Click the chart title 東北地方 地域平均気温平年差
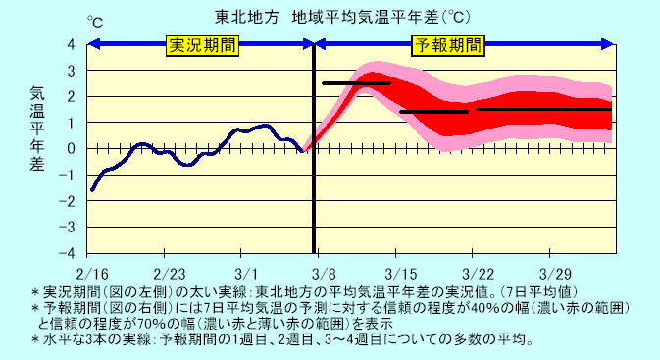pyautogui.click(x=329, y=17)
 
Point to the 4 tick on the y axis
pyautogui.click(x=71, y=45)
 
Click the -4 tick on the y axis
pyautogui.click(x=69, y=251)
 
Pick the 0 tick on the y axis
pyautogui.click(x=71, y=148)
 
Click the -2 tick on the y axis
pyautogui.click(x=69, y=200)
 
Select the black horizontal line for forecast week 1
pyautogui.click(x=356, y=83)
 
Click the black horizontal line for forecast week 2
pyautogui.click(x=433, y=112)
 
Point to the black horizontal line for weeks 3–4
pyautogui.click(x=544, y=109)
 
